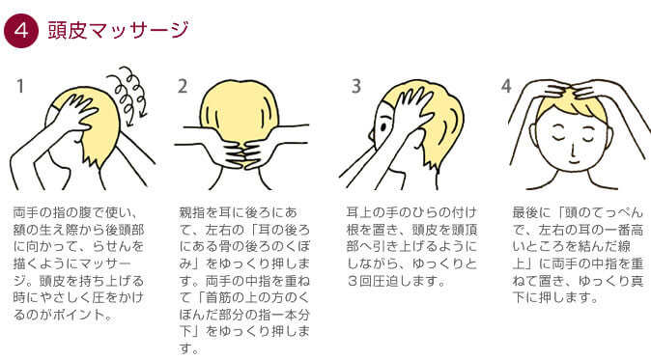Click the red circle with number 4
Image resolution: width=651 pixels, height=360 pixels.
click(x=20, y=31)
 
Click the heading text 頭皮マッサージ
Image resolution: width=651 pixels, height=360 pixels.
click(x=119, y=30)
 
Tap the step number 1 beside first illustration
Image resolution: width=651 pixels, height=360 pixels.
click(x=19, y=87)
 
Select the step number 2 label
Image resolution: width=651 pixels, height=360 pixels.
click(x=183, y=87)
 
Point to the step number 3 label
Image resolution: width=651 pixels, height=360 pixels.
click(x=355, y=87)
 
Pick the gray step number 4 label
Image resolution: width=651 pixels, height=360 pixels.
click(x=506, y=87)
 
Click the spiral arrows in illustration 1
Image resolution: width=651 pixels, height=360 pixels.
click(x=129, y=98)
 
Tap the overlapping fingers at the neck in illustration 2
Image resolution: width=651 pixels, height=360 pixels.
click(x=241, y=153)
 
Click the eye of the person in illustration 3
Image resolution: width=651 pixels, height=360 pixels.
click(x=383, y=126)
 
